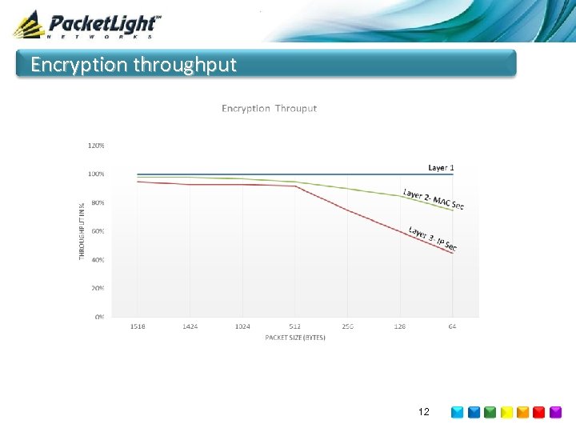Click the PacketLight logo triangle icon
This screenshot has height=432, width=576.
(28, 25)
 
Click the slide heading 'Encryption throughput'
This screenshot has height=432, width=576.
(134, 65)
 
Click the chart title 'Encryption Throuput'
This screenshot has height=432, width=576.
(269, 108)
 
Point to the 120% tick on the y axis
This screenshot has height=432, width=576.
(95, 146)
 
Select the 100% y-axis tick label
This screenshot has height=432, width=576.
(95, 174)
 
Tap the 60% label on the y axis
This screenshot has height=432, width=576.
(97, 231)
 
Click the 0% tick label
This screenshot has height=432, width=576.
(99, 317)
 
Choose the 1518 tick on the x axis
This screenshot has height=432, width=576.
(138, 326)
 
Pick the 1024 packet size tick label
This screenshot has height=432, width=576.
(242, 326)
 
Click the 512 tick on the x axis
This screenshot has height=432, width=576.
(295, 326)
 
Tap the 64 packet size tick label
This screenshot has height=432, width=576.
(453, 326)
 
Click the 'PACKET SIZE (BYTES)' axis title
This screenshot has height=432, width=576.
(295, 338)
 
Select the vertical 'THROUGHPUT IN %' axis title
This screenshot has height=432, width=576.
(82, 230)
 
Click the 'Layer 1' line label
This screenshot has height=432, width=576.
(441, 168)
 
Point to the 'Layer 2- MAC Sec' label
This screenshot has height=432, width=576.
(433, 199)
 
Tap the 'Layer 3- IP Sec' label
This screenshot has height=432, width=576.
(432, 238)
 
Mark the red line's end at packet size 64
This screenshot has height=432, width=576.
(453, 254)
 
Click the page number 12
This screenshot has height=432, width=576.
(424, 412)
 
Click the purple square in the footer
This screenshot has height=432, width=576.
(556, 413)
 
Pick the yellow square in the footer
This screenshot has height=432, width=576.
(506, 413)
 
